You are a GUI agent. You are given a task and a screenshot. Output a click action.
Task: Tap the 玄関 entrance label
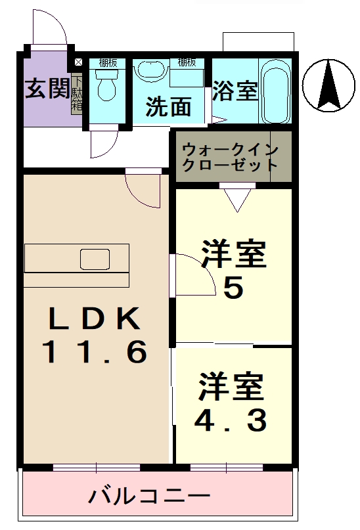pos(46,89)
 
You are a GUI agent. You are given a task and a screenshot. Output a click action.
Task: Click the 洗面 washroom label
pos(168,106)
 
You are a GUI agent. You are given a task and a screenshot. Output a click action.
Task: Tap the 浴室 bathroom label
pos(235,91)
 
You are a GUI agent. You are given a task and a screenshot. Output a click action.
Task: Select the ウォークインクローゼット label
pos(231,156)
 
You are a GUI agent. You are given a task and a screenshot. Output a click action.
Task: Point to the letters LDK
pos(93,319)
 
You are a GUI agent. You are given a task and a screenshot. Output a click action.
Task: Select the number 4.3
pos(231,420)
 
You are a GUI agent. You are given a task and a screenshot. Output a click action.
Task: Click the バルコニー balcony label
pos(150,495)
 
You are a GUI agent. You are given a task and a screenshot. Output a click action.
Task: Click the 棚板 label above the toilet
pos(108,63)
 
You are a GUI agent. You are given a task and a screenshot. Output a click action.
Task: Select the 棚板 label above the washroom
pos(187,63)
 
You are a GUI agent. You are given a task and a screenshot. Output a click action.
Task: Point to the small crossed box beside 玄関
pos(79,62)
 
